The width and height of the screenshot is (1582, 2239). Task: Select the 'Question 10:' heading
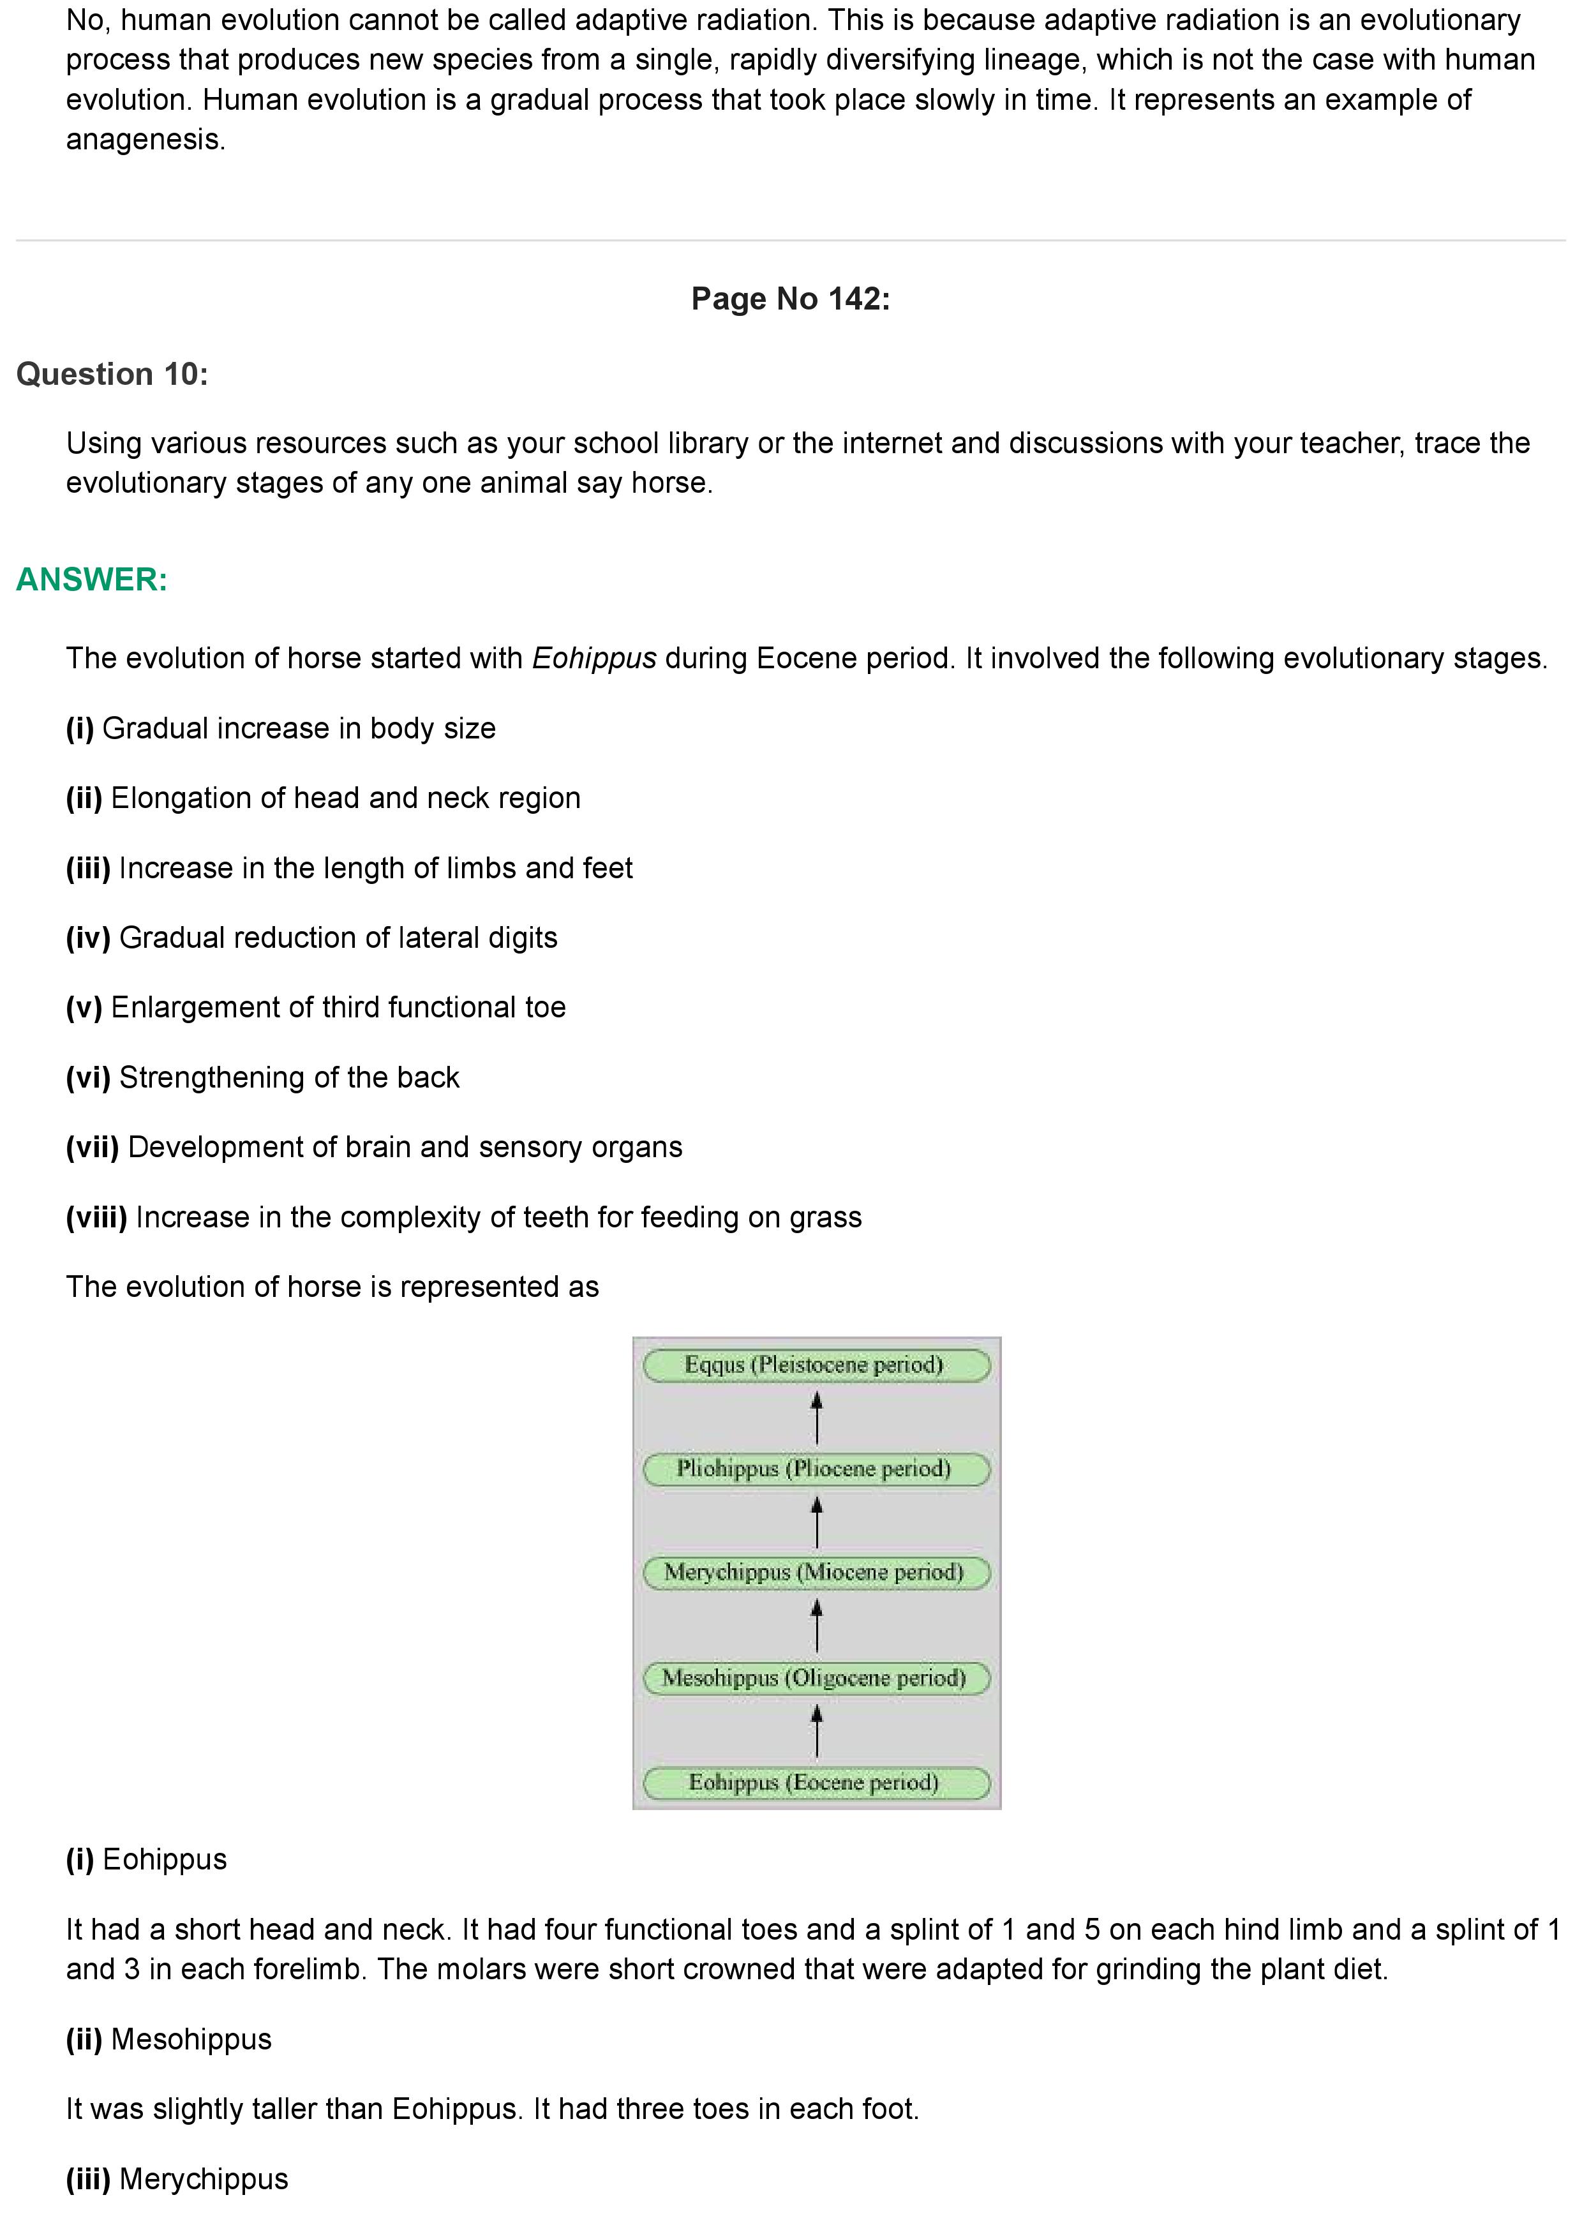click(112, 375)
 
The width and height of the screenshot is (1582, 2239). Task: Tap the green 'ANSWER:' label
click(92, 580)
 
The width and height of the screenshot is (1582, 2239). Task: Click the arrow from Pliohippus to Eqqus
click(817, 1417)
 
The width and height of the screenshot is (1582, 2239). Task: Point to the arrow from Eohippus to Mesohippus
click(817, 1731)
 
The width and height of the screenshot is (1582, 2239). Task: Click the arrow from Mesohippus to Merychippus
click(817, 1626)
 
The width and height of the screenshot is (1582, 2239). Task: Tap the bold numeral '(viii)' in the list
click(96, 1217)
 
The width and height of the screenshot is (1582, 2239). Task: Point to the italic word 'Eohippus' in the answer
click(593, 658)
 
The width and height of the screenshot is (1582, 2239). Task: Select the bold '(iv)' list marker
click(87, 938)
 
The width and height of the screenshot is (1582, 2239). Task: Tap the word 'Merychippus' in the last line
click(204, 2178)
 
